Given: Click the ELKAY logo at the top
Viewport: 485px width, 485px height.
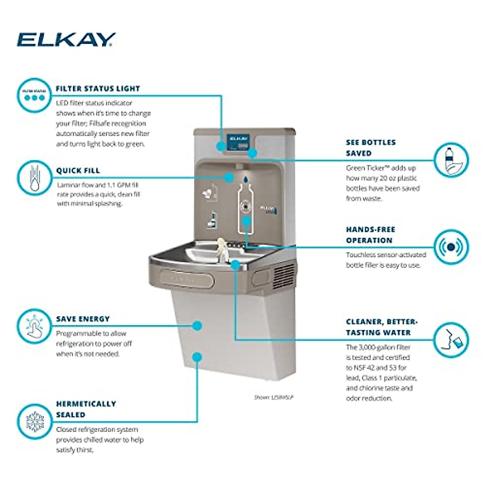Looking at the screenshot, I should [x=66, y=40].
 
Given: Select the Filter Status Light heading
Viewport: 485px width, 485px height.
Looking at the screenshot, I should [x=98, y=89].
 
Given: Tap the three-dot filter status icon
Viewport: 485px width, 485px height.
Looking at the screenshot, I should [x=34, y=95].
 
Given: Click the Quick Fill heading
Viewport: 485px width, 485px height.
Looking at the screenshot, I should [x=78, y=171].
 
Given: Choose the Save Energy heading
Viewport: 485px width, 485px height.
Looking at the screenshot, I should [x=83, y=319].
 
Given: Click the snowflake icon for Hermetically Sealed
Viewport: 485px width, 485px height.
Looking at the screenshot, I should [x=34, y=422].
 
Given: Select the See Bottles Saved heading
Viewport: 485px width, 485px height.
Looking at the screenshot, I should [x=371, y=148].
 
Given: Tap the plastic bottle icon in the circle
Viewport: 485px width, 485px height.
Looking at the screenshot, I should [x=451, y=160].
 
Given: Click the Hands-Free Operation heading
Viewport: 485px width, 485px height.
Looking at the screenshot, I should [x=370, y=235].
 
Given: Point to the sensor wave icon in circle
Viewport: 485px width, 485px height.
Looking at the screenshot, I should [x=451, y=247].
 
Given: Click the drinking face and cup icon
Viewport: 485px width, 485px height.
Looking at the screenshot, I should [x=451, y=339].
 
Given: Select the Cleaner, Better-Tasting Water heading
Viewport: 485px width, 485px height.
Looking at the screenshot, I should [x=382, y=327].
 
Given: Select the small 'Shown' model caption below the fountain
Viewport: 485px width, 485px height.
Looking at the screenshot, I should [x=274, y=397].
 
